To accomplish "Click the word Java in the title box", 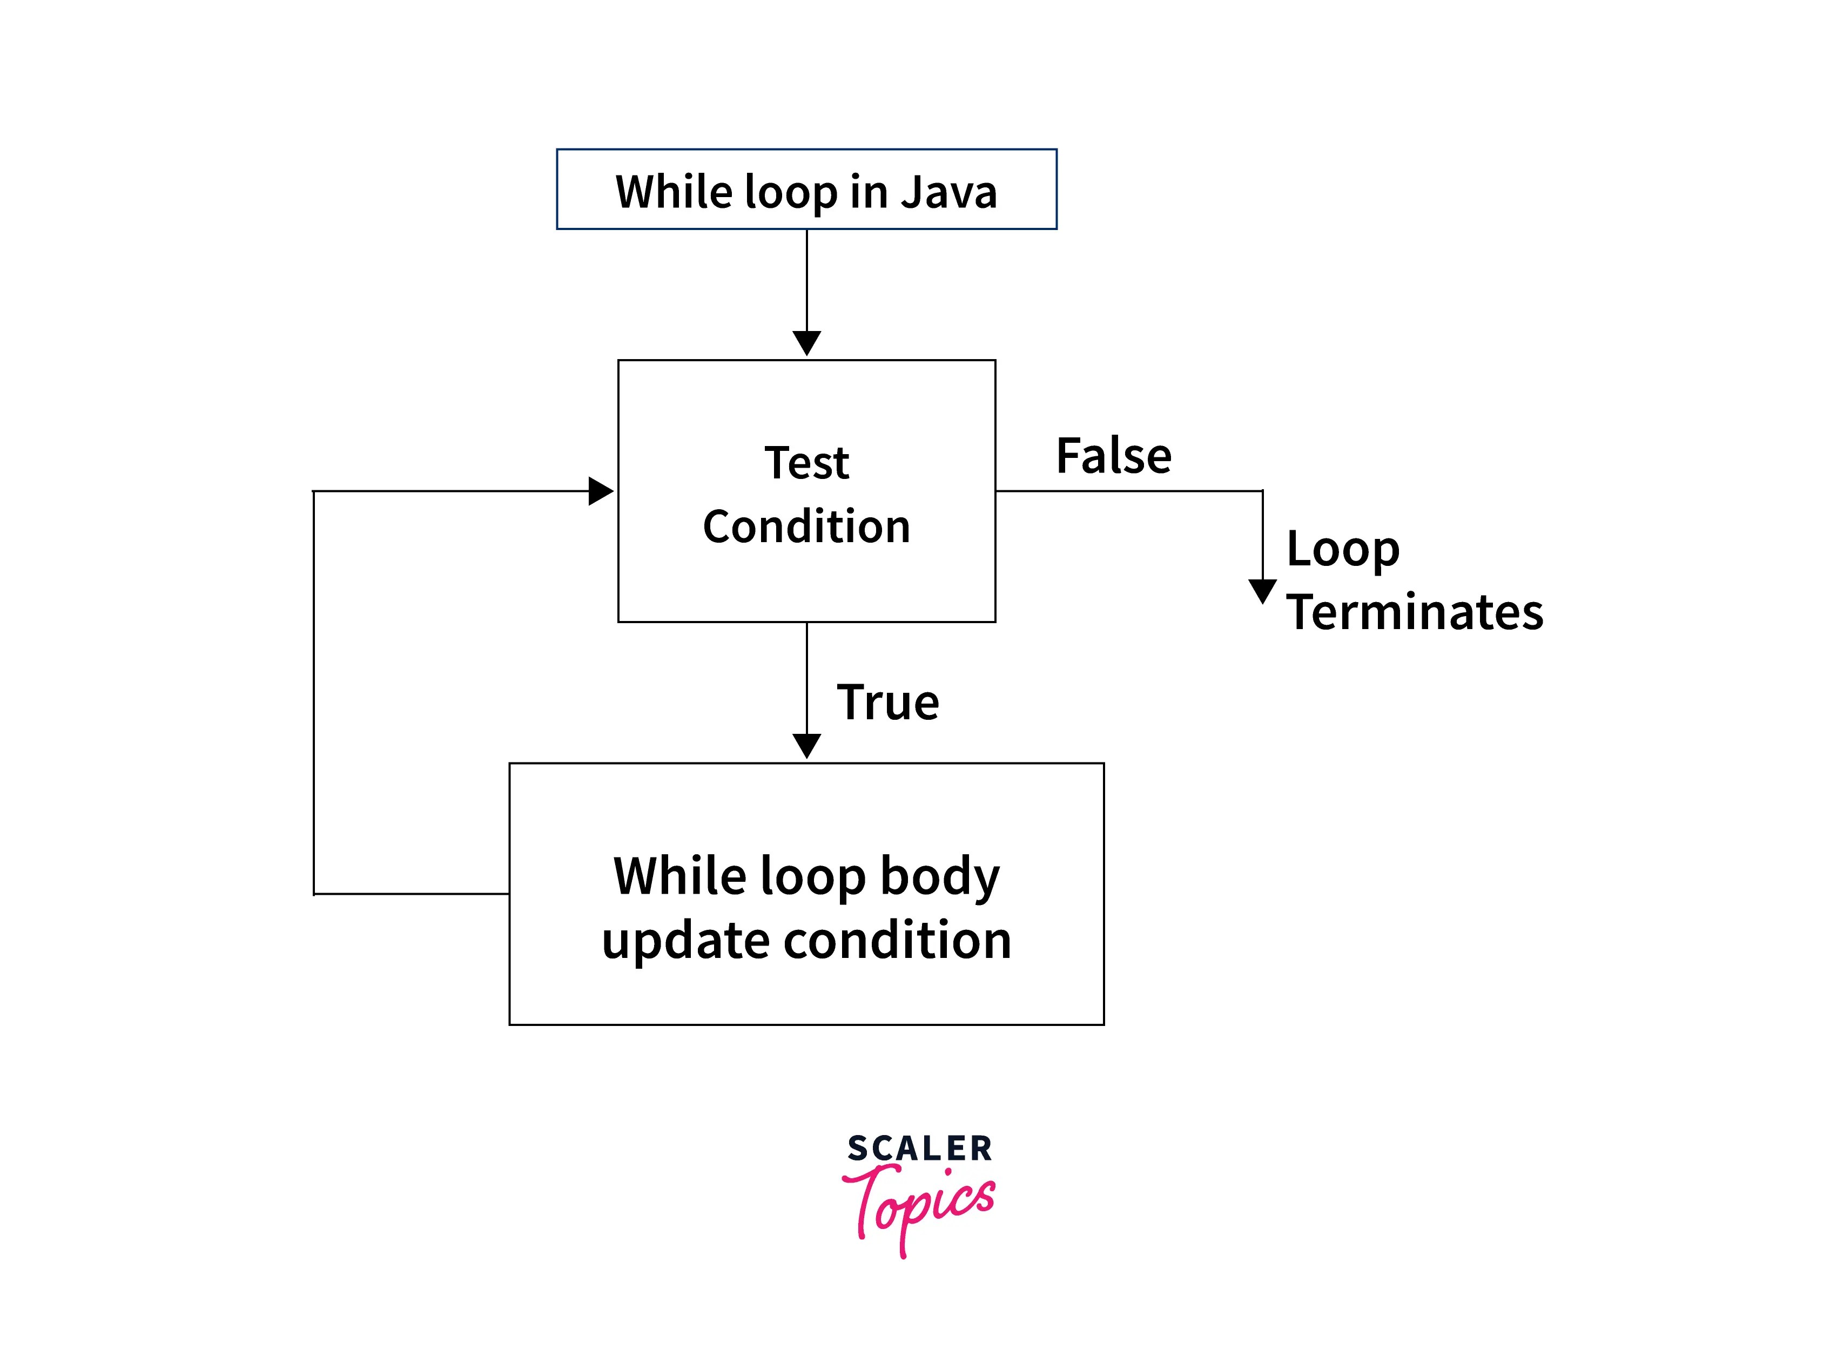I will tap(948, 192).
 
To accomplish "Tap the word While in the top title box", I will tap(673, 192).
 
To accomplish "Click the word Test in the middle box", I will tap(806, 462).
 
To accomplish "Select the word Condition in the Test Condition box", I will tap(806, 527).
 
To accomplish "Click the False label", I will tap(1113, 456).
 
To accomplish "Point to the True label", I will tap(888, 702).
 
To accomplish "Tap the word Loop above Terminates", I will tap(1342, 549).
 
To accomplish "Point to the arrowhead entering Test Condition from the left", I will tap(600, 491).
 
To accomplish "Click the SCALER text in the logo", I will tap(919, 1149).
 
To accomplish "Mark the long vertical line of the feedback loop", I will tap(314, 693).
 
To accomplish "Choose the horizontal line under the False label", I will tap(1128, 491).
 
